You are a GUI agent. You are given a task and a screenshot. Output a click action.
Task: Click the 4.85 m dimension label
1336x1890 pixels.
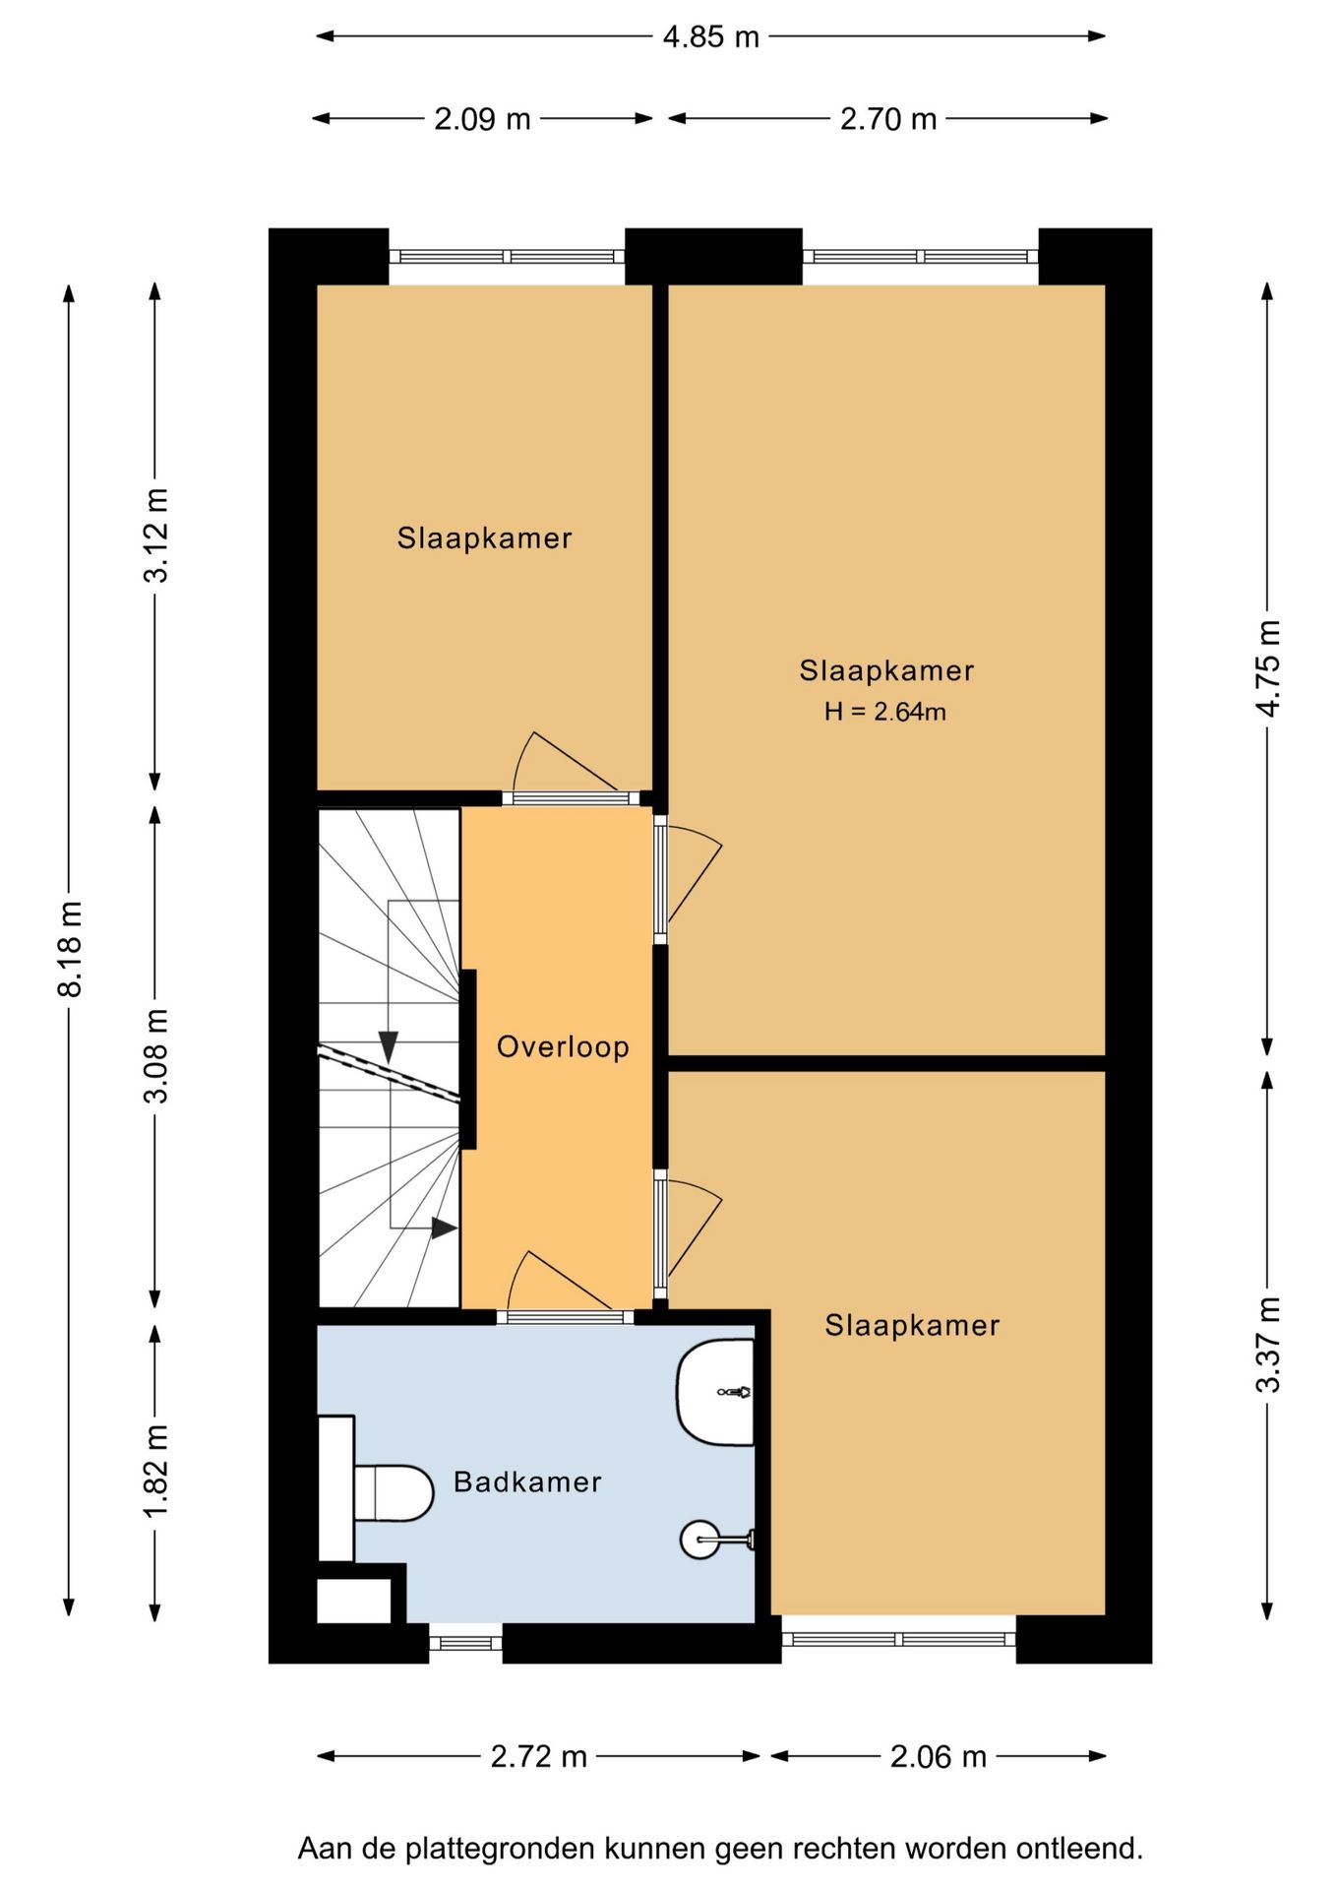pos(710,37)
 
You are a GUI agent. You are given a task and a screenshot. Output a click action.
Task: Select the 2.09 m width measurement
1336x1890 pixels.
pos(482,119)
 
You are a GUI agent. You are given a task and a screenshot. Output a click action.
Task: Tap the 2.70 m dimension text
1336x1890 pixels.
pos(887,119)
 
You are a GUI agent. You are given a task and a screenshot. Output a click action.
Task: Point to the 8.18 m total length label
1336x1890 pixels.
pos(70,948)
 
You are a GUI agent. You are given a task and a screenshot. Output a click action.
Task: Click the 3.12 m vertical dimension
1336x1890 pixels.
pos(156,535)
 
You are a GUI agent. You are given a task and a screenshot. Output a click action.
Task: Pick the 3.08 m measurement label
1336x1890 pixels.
pos(156,1055)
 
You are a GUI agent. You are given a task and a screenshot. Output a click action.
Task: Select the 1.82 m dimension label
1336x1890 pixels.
pos(156,1471)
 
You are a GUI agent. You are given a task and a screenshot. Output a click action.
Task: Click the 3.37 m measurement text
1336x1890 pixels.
pos(1269,1345)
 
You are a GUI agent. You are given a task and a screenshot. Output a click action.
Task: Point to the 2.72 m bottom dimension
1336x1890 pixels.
pos(538,1756)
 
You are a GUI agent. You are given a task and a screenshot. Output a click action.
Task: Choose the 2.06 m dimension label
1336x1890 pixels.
pos(938,1756)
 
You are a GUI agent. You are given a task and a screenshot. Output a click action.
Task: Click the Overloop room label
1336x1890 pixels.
pos(563,1046)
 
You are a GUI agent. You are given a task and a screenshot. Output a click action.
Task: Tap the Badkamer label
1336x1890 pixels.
pos(527,1481)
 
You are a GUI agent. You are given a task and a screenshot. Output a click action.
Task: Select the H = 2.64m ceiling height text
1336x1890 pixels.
pos(885,712)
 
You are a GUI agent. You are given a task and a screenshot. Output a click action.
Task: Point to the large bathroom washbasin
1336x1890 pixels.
pos(715,1392)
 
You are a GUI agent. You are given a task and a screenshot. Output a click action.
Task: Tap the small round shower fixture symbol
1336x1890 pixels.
pos(700,1540)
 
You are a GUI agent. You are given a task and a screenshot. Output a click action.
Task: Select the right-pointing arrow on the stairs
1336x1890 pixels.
pos(444,1228)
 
